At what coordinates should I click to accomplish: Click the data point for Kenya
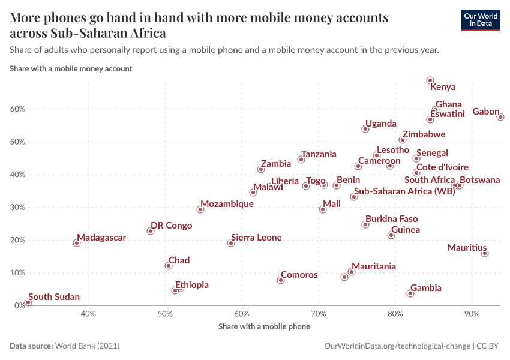point(430,80)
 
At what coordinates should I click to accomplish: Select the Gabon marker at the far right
point(500,117)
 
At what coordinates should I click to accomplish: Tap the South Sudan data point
point(28,302)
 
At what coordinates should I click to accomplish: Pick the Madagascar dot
point(77,243)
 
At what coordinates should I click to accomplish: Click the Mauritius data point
point(485,253)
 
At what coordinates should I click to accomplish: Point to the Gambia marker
point(410,293)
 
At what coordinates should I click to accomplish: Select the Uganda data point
point(365,129)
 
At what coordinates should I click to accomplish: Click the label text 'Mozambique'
point(227,204)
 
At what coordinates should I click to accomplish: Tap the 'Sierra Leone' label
point(256,238)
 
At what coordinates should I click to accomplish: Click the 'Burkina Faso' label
point(391,219)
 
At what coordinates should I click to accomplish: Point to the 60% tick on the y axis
point(16,109)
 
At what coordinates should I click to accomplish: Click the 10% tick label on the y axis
point(16,273)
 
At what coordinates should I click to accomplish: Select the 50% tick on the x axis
point(166,313)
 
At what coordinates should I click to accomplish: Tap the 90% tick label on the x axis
point(472,313)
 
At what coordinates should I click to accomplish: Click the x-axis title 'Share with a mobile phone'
point(264,326)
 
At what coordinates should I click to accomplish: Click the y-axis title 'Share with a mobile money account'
point(71,68)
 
